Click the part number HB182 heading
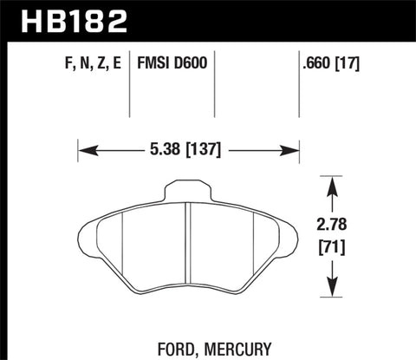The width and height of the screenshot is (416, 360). coord(59,18)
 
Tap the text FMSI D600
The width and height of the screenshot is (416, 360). coord(168,64)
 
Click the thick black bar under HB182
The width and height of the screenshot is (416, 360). coord(208,39)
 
